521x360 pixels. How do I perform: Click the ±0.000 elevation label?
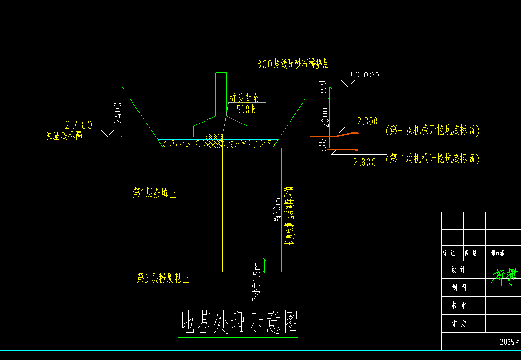(363, 75)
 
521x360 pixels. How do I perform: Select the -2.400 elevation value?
(75, 125)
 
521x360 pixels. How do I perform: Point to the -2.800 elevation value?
(362, 163)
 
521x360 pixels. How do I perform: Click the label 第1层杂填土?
(155, 194)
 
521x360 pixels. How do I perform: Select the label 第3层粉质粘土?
(163, 278)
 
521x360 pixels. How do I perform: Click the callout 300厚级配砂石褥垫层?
(293, 64)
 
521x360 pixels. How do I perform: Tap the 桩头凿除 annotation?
(244, 99)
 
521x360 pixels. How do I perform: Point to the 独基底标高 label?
(64, 136)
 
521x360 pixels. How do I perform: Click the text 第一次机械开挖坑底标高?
(433, 130)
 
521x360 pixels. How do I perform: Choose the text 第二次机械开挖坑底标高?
(433, 159)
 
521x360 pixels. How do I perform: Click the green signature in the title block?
(505, 274)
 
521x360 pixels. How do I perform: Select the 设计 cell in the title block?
(459, 270)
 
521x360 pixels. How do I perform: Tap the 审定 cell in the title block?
(459, 324)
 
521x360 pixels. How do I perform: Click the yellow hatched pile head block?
(214, 141)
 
